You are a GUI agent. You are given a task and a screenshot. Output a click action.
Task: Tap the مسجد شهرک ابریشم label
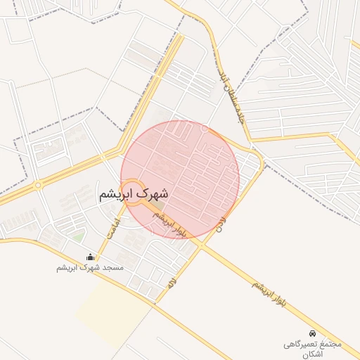[x=90, y=269]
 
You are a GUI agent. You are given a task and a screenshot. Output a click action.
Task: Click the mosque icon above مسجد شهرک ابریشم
[x=90, y=257]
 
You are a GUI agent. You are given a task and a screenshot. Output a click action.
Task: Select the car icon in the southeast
[x=311, y=333]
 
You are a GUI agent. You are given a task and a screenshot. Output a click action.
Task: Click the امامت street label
[x=113, y=226]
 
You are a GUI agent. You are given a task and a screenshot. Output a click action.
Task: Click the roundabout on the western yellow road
[x=38, y=185]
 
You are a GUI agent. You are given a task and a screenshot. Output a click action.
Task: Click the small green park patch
[x=78, y=237]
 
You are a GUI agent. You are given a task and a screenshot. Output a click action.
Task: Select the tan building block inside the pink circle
[x=159, y=207]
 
